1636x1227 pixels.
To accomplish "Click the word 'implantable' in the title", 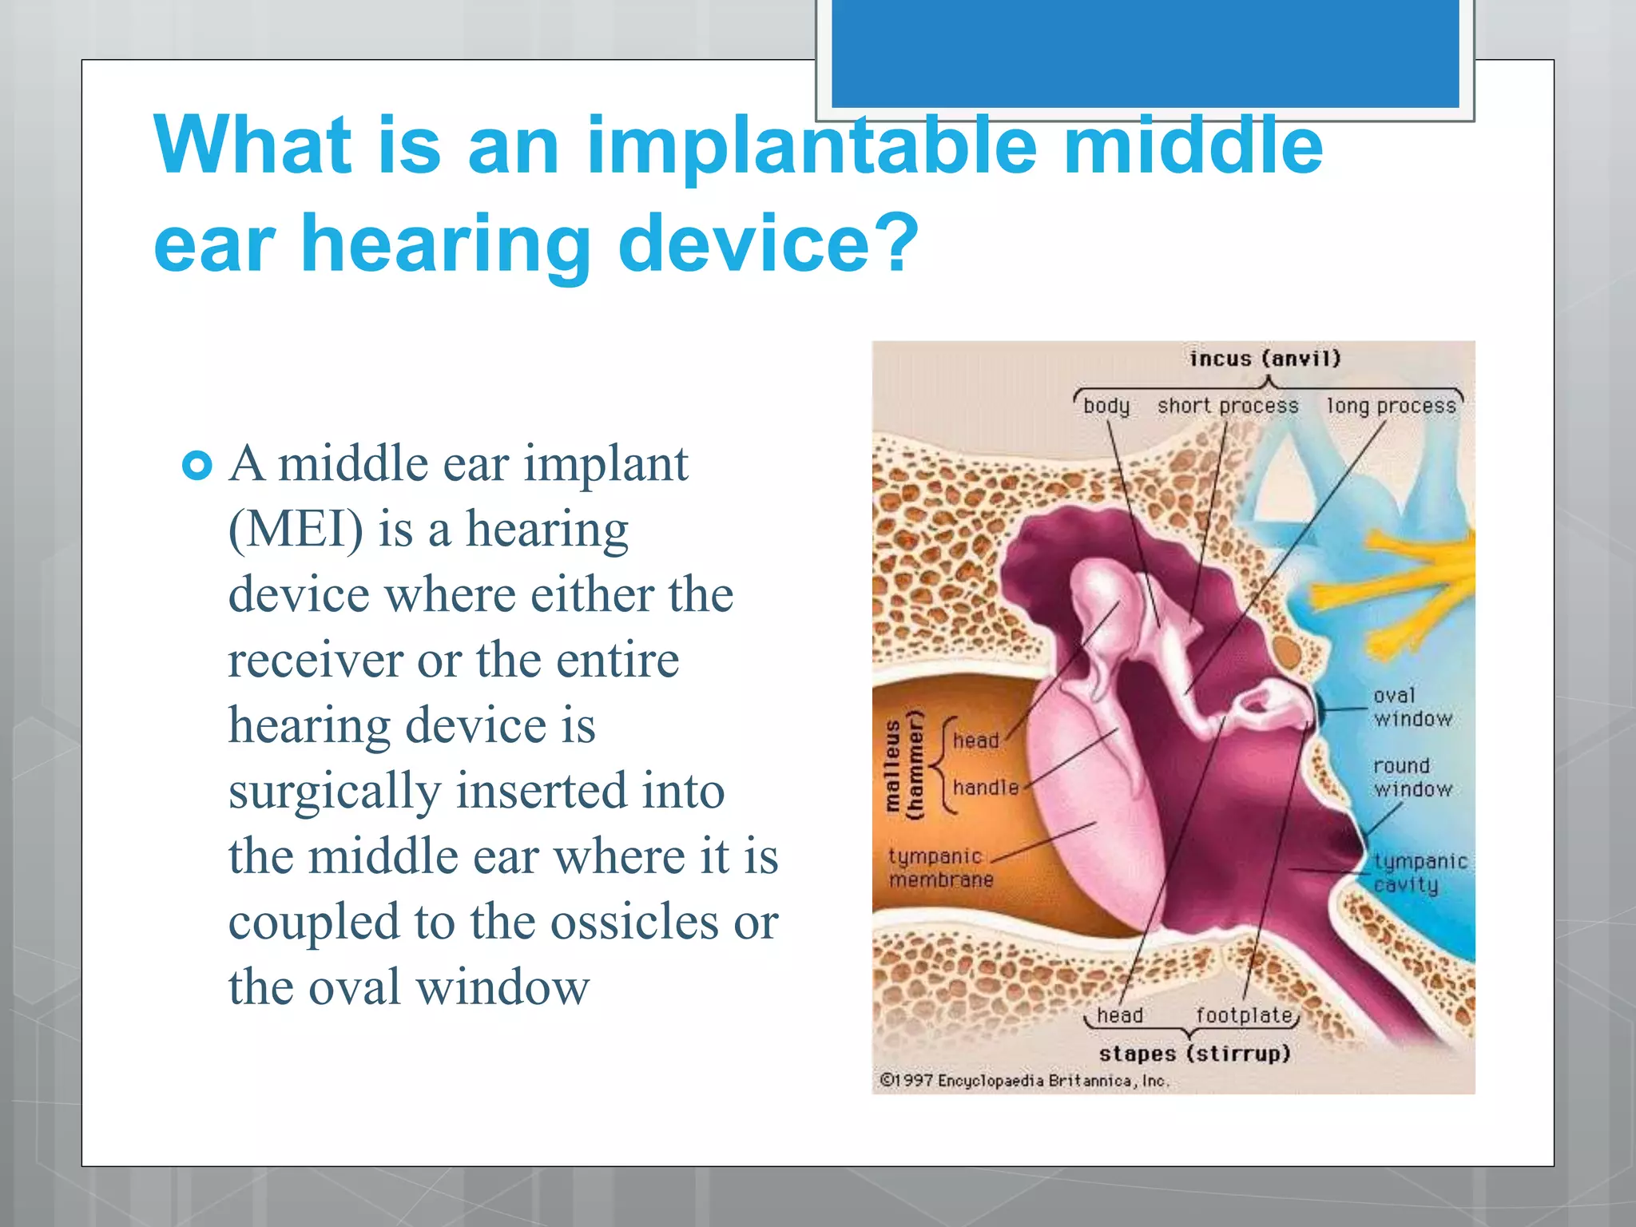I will click(x=811, y=148).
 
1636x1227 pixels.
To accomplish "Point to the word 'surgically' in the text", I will click(x=335, y=792).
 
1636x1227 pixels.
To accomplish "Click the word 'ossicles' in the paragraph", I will click(x=634, y=923).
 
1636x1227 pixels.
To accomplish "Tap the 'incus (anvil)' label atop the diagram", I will click(x=1265, y=359).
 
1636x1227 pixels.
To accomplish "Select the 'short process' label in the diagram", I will click(x=1228, y=406).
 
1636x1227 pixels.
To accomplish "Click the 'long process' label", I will click(x=1392, y=406).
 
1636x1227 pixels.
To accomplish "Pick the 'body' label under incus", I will click(x=1106, y=406).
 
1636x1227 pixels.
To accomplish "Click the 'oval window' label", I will click(x=1412, y=707).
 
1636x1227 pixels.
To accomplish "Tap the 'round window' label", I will click(x=1412, y=777).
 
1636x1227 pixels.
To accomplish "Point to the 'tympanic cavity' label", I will click(x=1420, y=872).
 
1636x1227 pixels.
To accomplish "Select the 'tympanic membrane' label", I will click(x=940, y=868).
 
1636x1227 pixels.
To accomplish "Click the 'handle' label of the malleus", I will click(x=986, y=788).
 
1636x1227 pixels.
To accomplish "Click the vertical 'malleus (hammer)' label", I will click(x=903, y=764).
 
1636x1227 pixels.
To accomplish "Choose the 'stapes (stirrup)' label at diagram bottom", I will click(x=1194, y=1054).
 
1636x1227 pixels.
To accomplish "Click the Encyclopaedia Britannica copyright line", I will click(x=1024, y=1081).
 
